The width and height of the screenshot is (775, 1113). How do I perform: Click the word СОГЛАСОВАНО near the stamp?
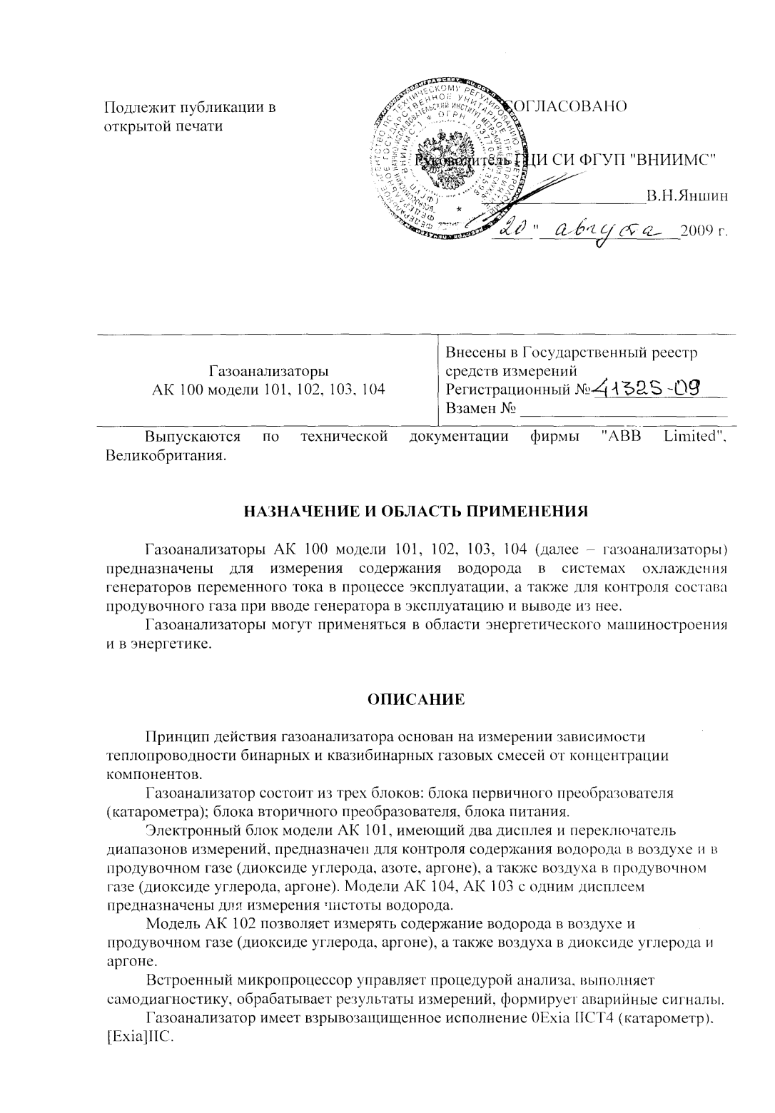[x=567, y=107]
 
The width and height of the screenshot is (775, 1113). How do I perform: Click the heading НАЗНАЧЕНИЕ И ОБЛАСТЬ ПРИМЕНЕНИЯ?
[x=416, y=512]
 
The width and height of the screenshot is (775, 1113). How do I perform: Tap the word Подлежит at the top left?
[x=134, y=108]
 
